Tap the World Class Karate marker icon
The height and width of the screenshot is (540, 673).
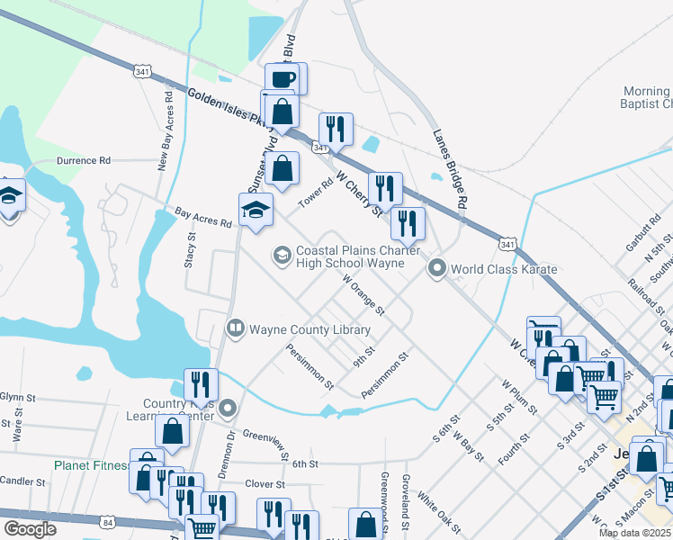tap(437, 268)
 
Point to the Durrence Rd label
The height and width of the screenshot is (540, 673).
tap(83, 160)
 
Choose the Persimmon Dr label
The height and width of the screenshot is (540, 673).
tap(310, 366)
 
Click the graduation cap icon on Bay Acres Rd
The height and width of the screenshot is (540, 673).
tap(256, 210)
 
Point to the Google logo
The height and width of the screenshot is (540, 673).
tap(30, 529)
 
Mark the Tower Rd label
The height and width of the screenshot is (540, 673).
tap(316, 191)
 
